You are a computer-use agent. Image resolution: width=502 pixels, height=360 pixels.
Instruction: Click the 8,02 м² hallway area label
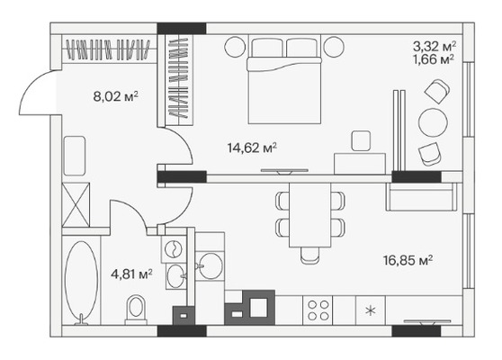[115, 96]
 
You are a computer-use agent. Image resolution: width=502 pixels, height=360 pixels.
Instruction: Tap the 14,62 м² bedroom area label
[252, 148]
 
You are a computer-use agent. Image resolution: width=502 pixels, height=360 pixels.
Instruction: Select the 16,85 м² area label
[408, 260]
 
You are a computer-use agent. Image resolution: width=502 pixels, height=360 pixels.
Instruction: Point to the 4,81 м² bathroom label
[131, 274]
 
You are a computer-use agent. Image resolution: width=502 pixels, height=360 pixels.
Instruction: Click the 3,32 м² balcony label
[435, 47]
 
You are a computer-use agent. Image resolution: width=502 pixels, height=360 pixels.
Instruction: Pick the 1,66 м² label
[434, 59]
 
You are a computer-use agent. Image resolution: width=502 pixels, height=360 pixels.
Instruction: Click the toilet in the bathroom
[136, 310]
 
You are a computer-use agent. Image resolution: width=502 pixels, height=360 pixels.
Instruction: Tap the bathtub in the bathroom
[81, 283]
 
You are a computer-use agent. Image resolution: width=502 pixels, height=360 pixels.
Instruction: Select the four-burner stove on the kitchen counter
[318, 310]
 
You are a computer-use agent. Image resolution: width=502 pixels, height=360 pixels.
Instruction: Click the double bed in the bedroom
[284, 80]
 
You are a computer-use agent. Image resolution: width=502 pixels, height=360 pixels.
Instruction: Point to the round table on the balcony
[433, 122]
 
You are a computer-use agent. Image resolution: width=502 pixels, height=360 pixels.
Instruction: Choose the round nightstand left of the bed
[235, 47]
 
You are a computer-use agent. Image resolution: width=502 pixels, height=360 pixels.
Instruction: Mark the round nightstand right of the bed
[334, 47]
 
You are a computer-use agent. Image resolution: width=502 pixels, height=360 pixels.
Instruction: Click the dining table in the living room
[309, 215]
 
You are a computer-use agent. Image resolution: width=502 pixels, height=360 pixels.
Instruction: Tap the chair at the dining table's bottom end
[309, 256]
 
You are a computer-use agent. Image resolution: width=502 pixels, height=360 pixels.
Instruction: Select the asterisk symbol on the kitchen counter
[371, 310]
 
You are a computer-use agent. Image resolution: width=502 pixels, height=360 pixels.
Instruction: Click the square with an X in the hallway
[76, 204]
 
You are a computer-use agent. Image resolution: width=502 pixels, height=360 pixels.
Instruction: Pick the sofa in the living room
[422, 197]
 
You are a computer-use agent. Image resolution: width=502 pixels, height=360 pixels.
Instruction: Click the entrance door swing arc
[33, 89]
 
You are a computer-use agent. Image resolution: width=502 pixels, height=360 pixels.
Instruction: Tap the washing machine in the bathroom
[174, 249]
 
